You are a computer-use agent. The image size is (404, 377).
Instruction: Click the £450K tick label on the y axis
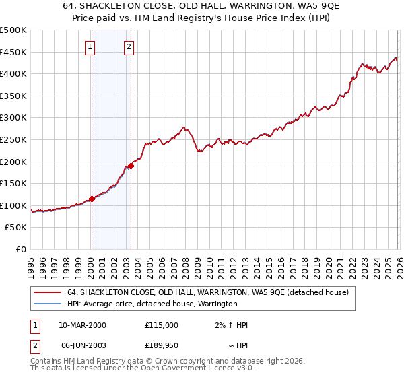pyautogui.click(x=13, y=52)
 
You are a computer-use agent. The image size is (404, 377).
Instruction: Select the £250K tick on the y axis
pyautogui.click(x=13, y=139)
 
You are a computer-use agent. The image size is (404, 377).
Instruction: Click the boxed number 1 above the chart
pyautogui.click(x=90, y=47)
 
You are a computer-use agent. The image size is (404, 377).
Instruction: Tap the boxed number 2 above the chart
pyautogui.click(x=128, y=47)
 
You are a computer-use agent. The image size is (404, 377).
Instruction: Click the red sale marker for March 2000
pyautogui.click(x=92, y=199)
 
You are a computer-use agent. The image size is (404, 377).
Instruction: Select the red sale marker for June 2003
pyautogui.click(x=131, y=166)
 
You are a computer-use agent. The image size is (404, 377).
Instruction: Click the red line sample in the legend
pyautogui.click(x=46, y=293)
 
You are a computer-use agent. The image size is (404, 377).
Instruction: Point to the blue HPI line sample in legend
pyautogui.click(x=46, y=304)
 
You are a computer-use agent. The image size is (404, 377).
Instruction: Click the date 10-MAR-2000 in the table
pyautogui.click(x=82, y=325)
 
